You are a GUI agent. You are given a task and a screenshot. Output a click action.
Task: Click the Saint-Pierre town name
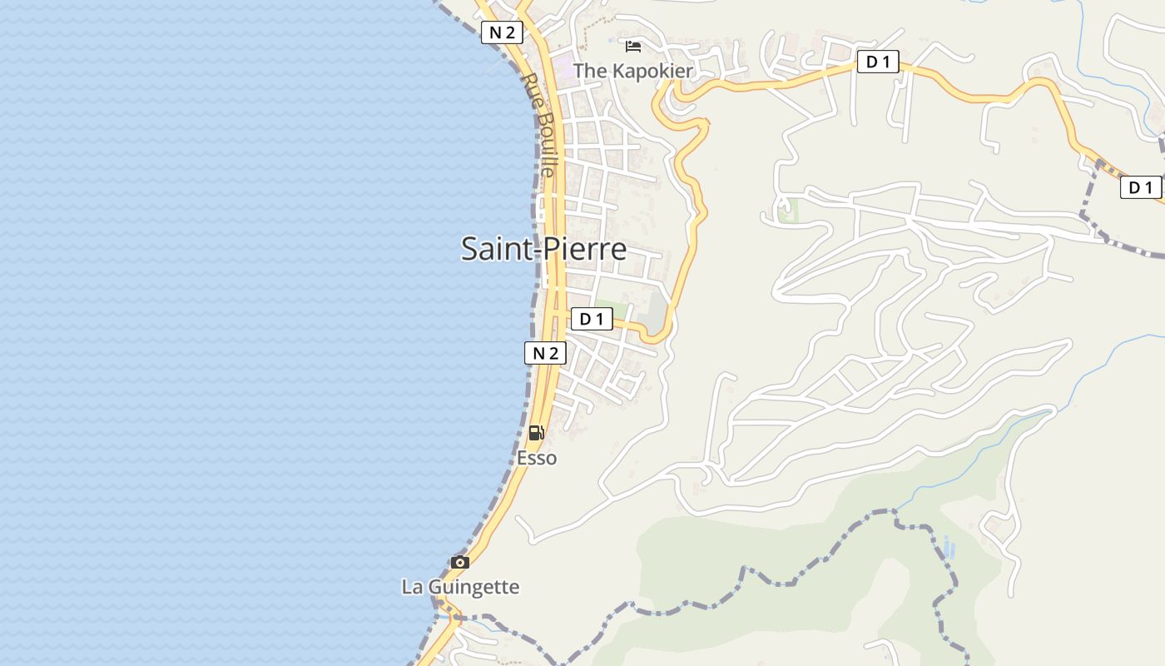point(543,249)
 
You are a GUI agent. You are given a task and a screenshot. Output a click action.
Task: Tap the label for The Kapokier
point(632,71)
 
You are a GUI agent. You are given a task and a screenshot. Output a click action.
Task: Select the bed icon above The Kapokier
point(633,47)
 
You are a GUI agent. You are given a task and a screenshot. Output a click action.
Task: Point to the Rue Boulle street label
point(539,125)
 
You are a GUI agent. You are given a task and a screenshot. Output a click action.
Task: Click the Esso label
point(537,458)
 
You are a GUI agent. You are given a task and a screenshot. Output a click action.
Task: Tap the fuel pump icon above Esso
point(537,433)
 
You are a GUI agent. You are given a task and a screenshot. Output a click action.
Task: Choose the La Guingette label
point(460,587)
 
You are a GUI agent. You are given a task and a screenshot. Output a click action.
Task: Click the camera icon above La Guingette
point(460,563)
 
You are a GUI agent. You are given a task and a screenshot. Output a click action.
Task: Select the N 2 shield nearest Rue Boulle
point(502,32)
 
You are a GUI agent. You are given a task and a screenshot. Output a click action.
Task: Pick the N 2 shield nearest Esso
point(545,353)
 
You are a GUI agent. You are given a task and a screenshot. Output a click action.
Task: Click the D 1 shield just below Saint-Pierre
point(591,319)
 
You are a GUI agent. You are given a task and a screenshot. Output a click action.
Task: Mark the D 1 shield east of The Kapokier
point(878,62)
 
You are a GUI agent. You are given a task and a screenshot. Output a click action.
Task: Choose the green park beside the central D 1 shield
point(612,309)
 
